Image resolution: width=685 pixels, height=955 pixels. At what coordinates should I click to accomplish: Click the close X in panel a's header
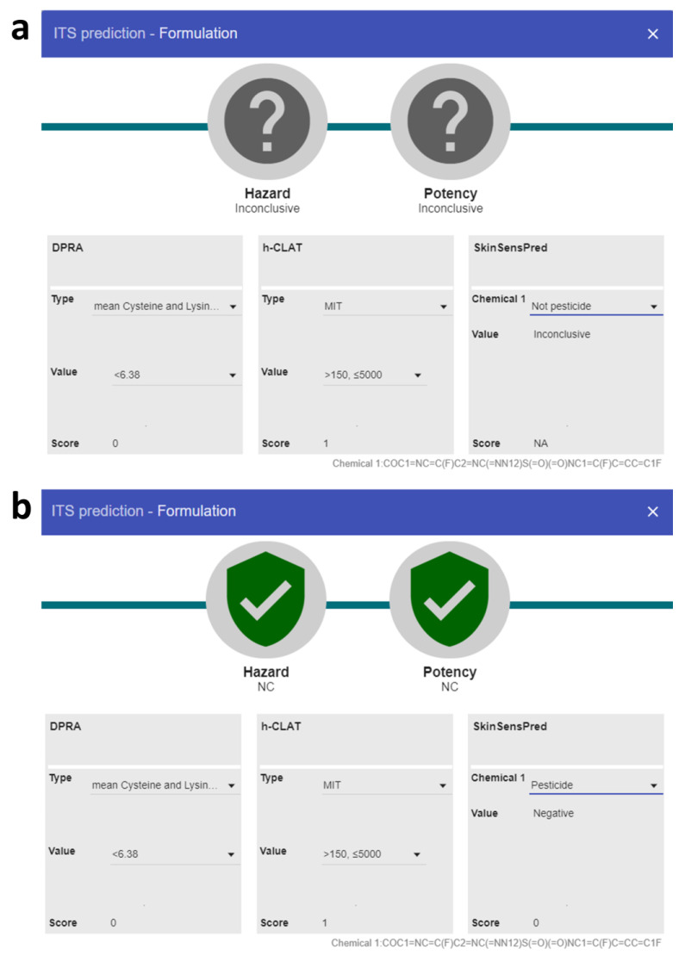tap(653, 34)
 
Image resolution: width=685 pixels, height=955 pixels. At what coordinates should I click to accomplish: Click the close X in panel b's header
tap(653, 512)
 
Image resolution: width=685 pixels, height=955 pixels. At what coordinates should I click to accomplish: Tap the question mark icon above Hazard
tap(267, 121)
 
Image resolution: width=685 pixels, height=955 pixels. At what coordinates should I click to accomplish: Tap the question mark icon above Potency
tap(450, 121)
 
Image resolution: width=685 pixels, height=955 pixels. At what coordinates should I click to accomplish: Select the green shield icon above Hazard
tap(265, 598)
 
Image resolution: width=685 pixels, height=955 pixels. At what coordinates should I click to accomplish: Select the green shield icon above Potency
tap(450, 598)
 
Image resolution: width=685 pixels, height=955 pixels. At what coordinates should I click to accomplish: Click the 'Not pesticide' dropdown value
tap(561, 307)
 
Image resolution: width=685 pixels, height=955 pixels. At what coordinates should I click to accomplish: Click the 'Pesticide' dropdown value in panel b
tap(551, 785)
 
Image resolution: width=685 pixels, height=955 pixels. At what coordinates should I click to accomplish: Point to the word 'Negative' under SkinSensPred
tap(553, 813)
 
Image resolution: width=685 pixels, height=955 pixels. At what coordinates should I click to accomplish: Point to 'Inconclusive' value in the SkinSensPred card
tap(562, 334)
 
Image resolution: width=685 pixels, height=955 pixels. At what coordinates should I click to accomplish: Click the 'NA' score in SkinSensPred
tap(540, 443)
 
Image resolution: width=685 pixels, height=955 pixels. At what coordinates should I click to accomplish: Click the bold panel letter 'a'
tap(20, 29)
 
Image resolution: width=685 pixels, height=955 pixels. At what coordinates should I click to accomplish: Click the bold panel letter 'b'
tap(21, 505)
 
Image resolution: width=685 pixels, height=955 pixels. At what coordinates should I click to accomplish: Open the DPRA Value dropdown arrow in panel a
tap(232, 375)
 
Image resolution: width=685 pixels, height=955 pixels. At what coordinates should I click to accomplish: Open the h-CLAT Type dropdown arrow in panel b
tap(442, 785)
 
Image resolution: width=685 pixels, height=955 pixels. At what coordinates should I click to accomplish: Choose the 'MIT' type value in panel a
tap(333, 307)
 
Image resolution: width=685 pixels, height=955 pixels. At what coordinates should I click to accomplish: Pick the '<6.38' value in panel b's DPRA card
tap(125, 854)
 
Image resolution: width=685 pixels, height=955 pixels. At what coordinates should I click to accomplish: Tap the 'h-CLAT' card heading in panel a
tap(282, 248)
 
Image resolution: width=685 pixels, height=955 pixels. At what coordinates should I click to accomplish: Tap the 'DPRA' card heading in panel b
tap(65, 726)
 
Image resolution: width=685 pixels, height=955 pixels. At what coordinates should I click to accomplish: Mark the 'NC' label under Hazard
tap(265, 686)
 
